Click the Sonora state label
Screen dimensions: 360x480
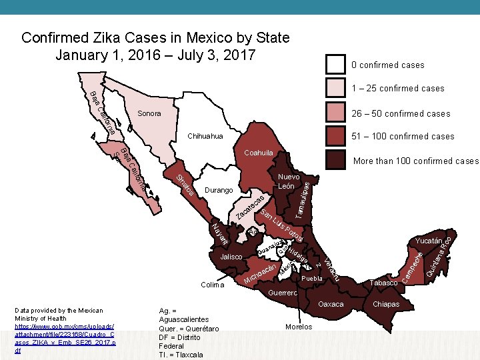click(x=149, y=114)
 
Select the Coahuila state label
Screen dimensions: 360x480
click(x=258, y=153)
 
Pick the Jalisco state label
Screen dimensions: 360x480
click(x=231, y=257)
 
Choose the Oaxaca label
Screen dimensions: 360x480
click(x=331, y=304)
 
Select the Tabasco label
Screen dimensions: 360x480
click(x=383, y=283)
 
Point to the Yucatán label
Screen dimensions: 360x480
click(x=428, y=240)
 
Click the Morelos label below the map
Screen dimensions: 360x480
click(x=298, y=327)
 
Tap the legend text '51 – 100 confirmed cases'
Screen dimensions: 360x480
click(x=403, y=137)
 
